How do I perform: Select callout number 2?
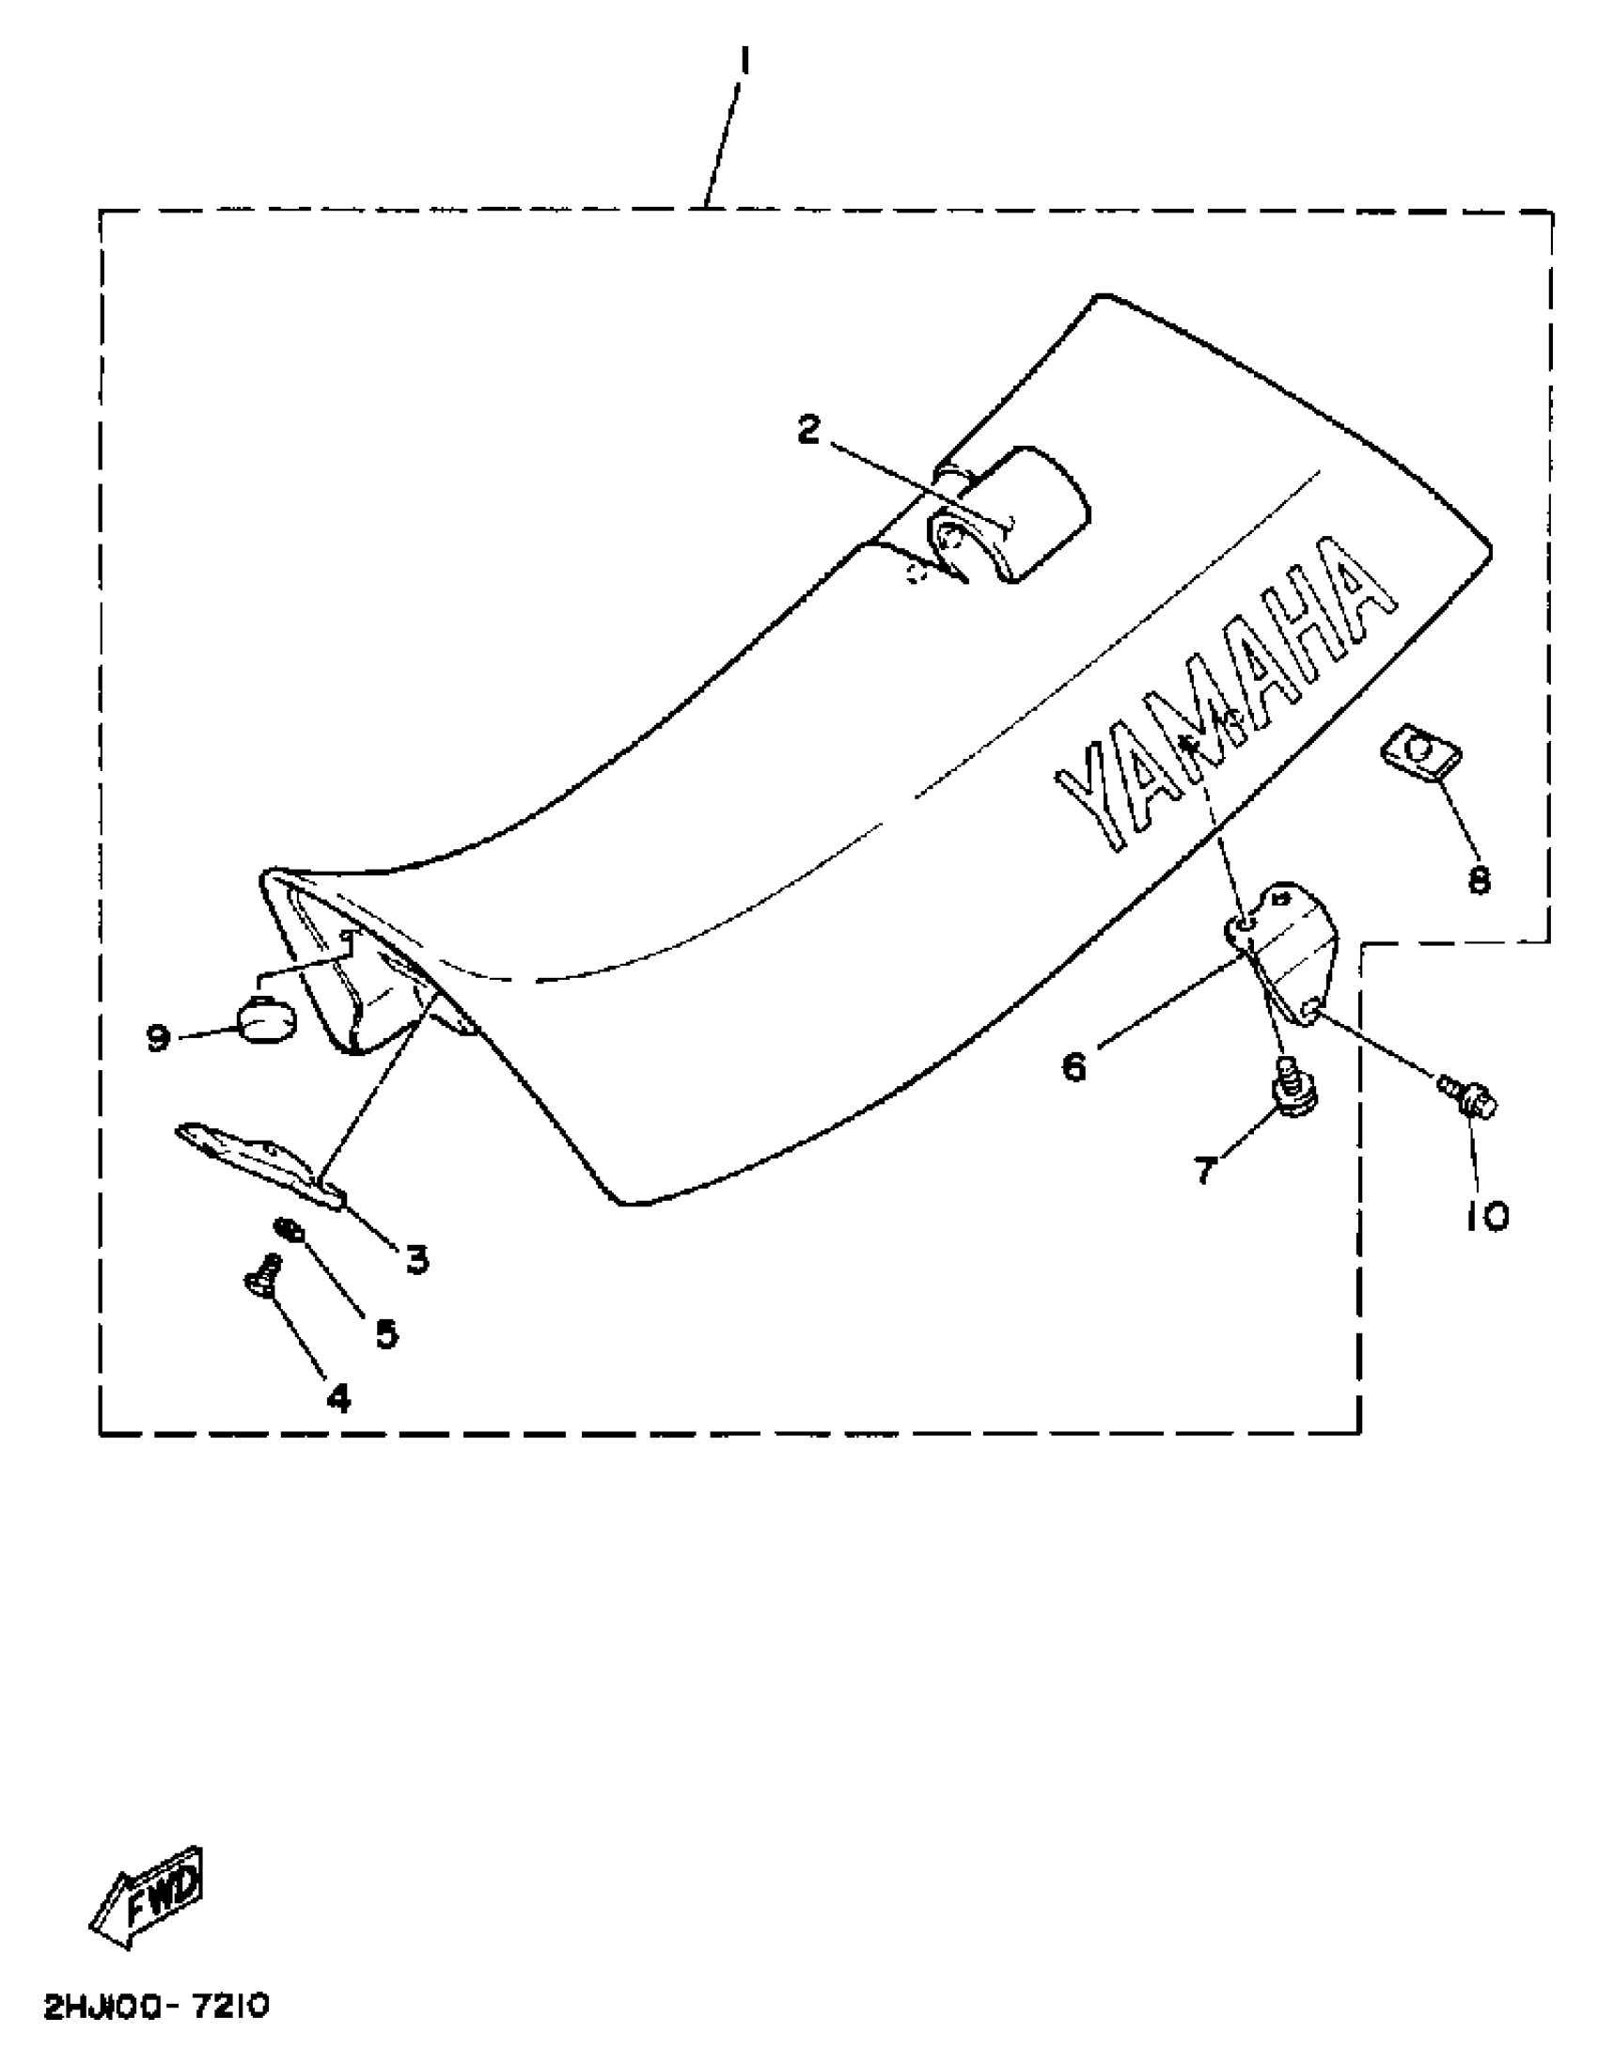coord(809,430)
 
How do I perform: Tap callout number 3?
coord(415,1258)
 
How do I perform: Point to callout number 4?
coord(337,1395)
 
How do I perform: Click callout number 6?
coord(1074,1067)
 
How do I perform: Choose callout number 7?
coord(1205,1171)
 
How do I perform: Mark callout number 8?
coord(1479,880)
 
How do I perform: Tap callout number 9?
coord(158,1039)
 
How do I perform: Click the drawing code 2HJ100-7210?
coord(156,2005)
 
